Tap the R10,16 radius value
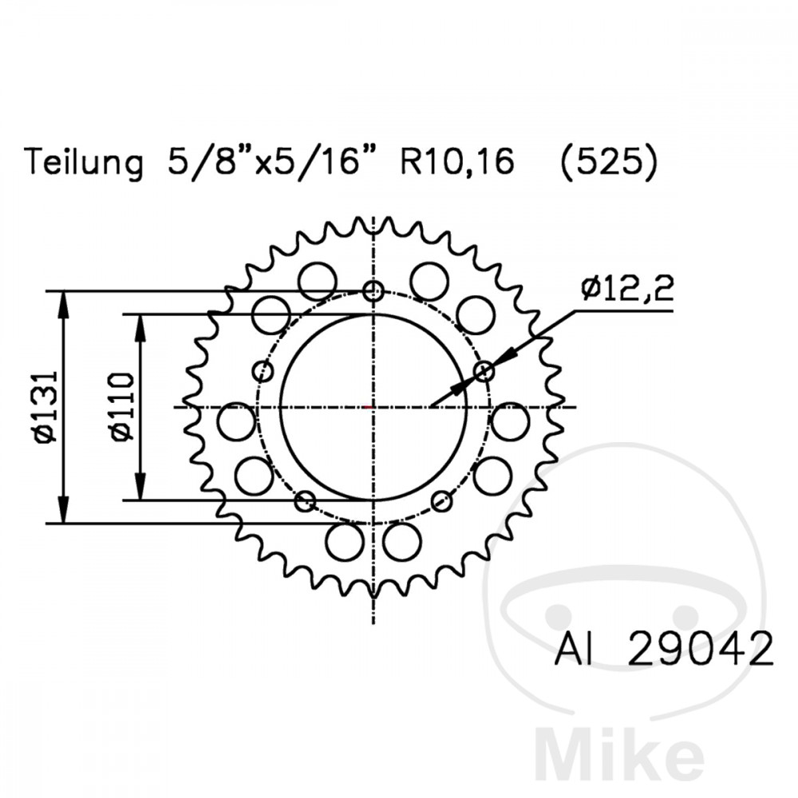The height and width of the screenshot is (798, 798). click(x=457, y=163)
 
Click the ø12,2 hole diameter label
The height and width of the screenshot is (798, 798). click(x=626, y=289)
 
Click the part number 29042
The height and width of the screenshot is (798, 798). click(x=701, y=650)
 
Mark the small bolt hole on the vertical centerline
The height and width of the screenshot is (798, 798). click(x=373, y=291)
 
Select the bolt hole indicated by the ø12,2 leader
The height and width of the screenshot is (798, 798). click(x=484, y=371)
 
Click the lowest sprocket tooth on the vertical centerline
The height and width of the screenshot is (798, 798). click(x=373, y=592)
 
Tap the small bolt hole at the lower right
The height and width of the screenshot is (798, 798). click(x=441, y=501)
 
